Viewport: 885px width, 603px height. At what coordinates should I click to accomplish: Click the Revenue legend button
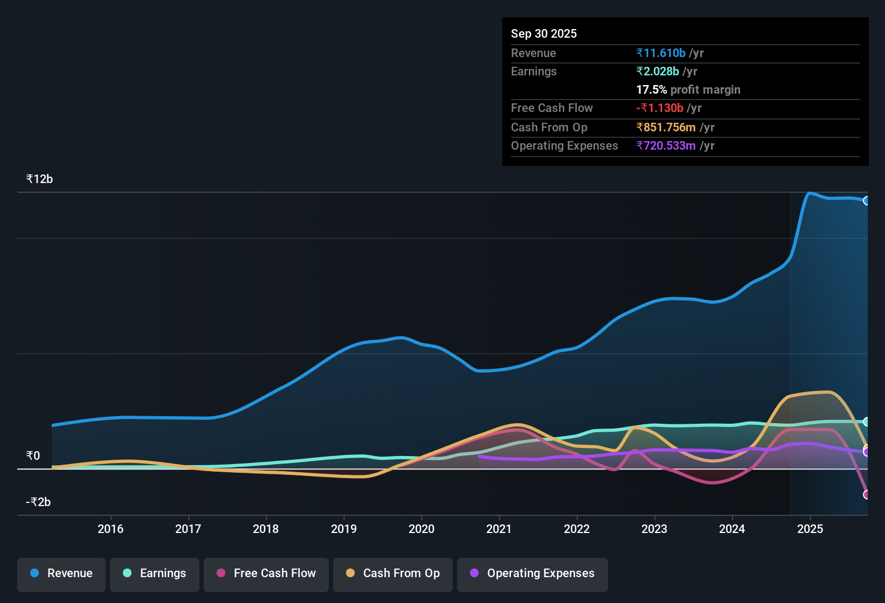[61, 573]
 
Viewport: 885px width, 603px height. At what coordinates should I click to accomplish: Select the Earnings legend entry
[155, 573]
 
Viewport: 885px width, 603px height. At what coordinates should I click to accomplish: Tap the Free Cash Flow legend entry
[266, 573]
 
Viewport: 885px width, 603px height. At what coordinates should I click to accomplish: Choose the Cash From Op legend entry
[393, 573]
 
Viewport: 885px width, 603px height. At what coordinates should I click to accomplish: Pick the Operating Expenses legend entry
[533, 573]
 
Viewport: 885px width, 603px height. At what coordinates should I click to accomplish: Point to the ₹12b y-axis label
[39, 179]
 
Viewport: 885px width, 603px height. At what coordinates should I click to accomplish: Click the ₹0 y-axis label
[33, 456]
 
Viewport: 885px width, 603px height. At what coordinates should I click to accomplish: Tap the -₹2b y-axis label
[38, 502]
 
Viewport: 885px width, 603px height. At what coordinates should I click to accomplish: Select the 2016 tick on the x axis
[110, 529]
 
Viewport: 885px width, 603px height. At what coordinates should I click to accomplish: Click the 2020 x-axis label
[421, 529]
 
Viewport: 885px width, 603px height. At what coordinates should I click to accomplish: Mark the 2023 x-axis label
[654, 529]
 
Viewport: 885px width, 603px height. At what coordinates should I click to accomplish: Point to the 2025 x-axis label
[810, 529]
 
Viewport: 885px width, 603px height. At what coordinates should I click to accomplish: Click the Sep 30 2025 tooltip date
[544, 34]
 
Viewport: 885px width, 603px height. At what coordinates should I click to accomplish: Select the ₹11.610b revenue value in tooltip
[661, 53]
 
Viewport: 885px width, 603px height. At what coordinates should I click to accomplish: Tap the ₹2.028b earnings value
[658, 72]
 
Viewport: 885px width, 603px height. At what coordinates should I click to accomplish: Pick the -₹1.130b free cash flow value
[660, 108]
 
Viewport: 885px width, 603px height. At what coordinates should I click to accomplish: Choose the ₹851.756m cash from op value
[666, 128]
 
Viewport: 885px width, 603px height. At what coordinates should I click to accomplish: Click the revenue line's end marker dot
[866, 201]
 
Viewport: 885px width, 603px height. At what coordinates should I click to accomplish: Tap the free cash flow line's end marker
[866, 494]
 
